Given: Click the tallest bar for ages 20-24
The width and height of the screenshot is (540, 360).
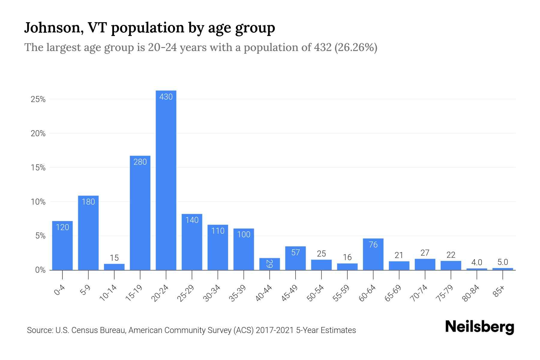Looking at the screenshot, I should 166,180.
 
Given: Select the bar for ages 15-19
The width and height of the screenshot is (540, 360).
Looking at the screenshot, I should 140,213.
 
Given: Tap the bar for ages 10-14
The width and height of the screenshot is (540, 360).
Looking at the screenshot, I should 114,267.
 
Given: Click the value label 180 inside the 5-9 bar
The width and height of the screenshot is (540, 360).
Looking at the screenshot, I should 88,202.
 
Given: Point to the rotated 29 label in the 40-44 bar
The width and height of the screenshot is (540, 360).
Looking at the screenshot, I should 269,264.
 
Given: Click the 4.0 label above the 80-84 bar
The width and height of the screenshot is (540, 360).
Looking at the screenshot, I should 476,262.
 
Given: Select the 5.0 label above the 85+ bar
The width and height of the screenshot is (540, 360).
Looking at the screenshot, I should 502,262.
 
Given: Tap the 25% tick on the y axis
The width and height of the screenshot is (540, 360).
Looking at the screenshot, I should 38,99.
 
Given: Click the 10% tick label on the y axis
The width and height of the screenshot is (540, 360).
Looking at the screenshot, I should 38,202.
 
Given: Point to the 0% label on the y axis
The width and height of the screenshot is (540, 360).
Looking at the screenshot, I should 40,270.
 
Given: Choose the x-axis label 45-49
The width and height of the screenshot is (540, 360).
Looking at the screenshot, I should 289,293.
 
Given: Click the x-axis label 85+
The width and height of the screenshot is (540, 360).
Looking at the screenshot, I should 499,292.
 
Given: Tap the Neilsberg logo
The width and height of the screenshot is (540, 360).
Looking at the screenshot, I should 480,327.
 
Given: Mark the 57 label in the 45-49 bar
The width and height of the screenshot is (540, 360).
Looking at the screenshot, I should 295,253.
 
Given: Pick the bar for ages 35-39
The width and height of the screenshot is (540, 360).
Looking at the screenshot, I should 244,249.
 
